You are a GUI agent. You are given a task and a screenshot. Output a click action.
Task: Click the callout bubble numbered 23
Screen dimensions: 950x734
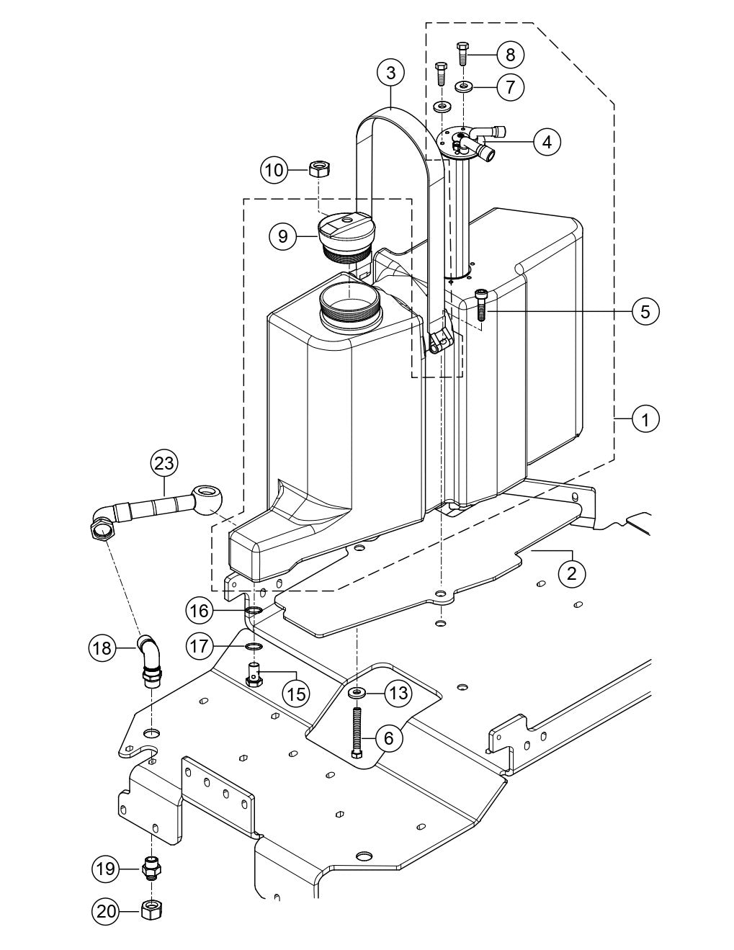[164, 463]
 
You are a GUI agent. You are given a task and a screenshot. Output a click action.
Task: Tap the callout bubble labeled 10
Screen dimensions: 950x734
[274, 171]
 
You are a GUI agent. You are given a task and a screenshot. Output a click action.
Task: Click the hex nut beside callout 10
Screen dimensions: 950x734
[318, 169]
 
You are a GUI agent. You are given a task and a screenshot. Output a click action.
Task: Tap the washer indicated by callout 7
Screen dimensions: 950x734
[462, 87]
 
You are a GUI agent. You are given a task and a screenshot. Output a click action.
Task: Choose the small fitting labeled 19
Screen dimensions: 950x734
[152, 868]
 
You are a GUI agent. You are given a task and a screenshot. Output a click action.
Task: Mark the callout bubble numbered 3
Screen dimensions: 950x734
[391, 73]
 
